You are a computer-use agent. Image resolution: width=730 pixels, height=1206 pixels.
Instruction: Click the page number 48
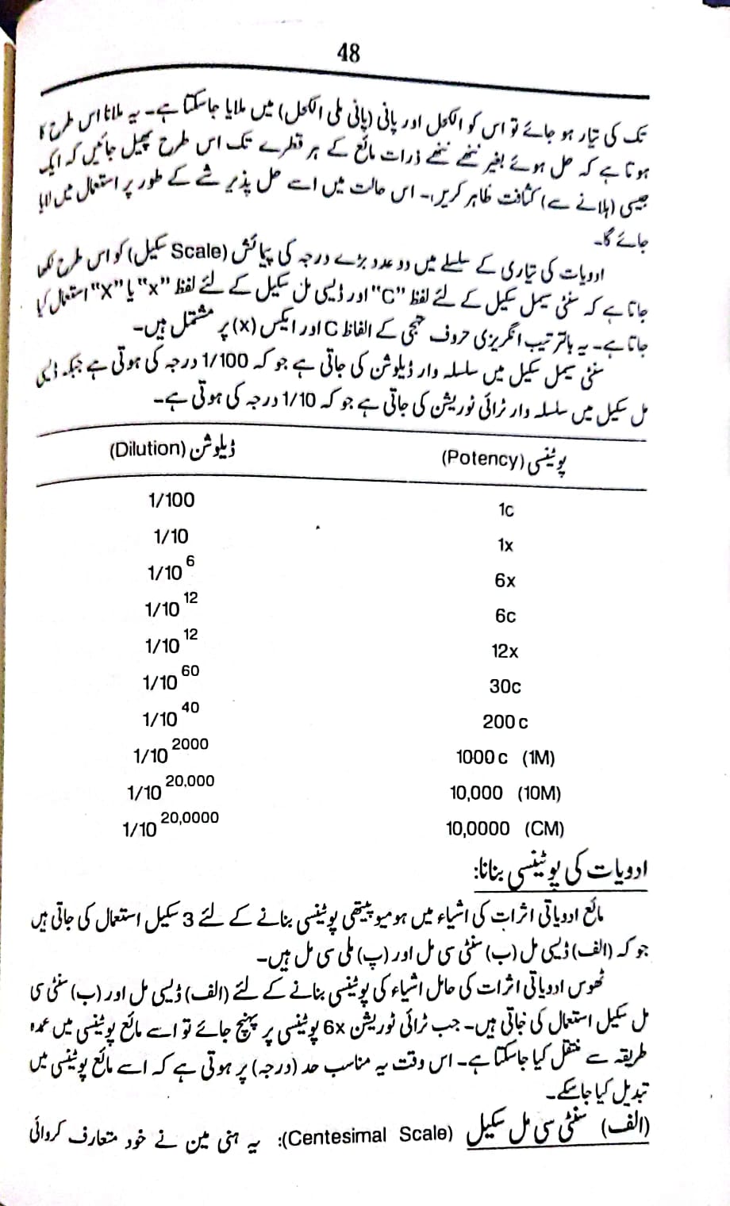[348, 53]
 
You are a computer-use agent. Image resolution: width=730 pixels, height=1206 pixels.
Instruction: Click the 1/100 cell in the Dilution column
[171, 500]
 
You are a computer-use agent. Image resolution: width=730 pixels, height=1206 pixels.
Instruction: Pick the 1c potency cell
[505, 510]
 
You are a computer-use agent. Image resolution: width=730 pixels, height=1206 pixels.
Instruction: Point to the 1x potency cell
[505, 546]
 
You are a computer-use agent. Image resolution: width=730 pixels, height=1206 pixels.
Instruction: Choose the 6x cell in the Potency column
[505, 581]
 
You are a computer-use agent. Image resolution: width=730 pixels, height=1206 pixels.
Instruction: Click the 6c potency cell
[505, 616]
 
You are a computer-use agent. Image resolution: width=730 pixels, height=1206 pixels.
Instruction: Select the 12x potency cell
[505, 651]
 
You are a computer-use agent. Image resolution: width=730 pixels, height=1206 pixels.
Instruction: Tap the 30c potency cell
[505, 686]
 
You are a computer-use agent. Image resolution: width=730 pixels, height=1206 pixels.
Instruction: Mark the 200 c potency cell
[505, 722]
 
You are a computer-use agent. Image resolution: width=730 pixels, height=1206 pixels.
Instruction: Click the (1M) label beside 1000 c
[539, 758]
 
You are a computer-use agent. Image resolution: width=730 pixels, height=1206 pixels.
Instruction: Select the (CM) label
[544, 829]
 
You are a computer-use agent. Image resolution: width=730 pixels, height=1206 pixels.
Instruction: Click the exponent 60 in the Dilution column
[190, 671]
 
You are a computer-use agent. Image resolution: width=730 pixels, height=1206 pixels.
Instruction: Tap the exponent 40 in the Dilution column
[190, 708]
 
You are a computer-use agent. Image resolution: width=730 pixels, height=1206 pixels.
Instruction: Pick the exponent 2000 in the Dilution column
[190, 744]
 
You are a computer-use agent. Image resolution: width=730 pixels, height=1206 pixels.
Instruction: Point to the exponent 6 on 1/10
[190, 561]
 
